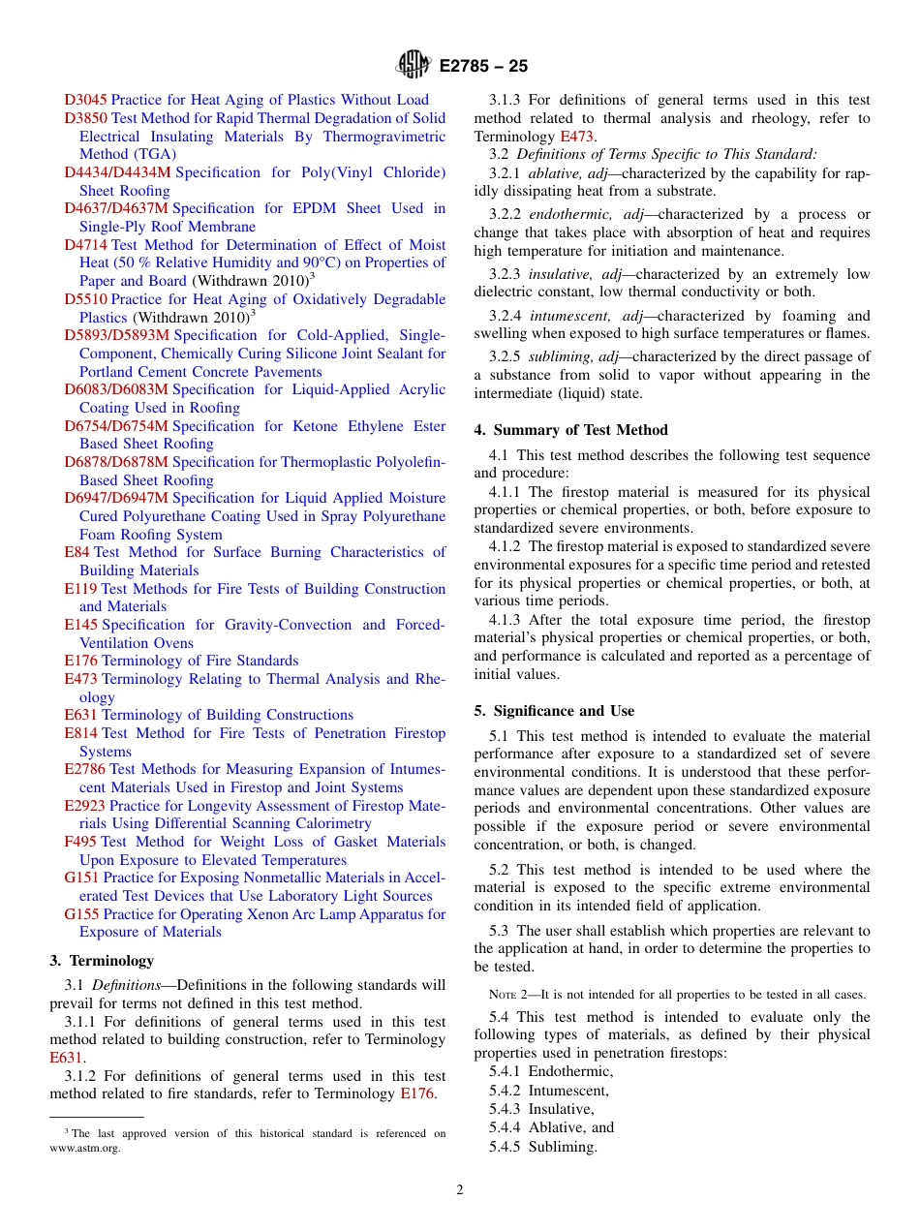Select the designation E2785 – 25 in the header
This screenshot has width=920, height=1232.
[483, 67]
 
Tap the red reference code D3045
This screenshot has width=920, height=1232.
[85, 100]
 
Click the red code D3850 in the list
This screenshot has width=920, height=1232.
[85, 118]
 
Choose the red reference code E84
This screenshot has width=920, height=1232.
[77, 552]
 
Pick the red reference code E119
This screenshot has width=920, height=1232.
[80, 589]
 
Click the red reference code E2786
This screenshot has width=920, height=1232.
[84, 770]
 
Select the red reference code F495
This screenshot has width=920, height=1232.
[80, 842]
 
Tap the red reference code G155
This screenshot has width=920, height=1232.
[81, 914]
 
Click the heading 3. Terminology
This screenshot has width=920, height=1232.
[102, 961]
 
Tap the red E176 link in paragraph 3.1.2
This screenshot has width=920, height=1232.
[417, 1094]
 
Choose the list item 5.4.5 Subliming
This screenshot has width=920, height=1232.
[542, 1147]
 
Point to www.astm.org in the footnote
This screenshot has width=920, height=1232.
[85, 1149]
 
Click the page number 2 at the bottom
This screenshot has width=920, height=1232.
[460, 1190]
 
